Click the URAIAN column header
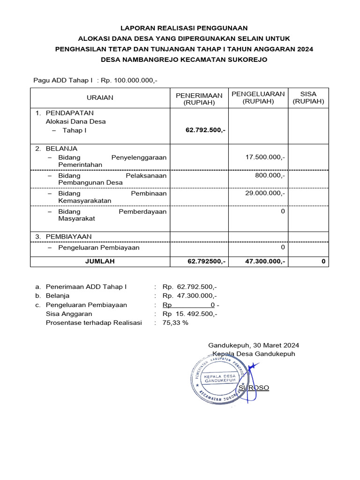[x=100, y=97]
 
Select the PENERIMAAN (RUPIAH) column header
[x=199, y=98]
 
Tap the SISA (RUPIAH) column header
[x=308, y=97]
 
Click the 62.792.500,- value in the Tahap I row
[x=205, y=130]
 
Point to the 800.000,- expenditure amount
[x=270, y=175]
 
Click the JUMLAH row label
[x=99, y=262]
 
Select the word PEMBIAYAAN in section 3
[x=68, y=236]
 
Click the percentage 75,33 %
[x=175, y=322]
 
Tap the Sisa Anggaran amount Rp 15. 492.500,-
[x=189, y=314]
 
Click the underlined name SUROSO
[x=254, y=388]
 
